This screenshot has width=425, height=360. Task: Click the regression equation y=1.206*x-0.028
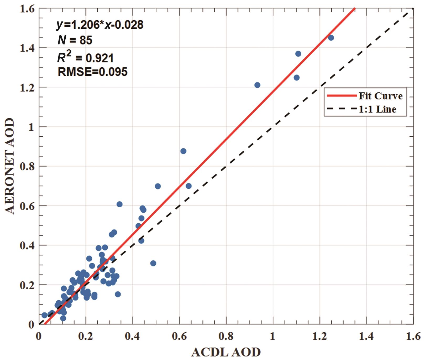point(100,25)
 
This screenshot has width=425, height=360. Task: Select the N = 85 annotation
point(75,40)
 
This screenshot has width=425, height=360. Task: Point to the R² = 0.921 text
point(86,57)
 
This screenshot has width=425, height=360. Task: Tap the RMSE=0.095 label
point(93,72)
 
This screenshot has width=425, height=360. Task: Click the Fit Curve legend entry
point(380,96)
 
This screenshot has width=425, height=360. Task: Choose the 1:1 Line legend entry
point(377,109)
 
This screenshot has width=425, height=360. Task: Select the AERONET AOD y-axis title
point(10,166)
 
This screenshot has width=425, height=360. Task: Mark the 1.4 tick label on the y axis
point(27,48)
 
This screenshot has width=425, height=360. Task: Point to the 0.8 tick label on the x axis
point(226,336)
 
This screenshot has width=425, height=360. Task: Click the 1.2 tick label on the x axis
point(319,336)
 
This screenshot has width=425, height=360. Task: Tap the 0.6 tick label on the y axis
point(27,206)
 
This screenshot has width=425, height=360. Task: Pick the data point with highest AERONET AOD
point(331,38)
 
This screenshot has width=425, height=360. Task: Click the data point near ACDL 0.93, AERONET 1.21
point(257,85)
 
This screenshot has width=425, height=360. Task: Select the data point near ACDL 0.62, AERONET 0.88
point(183,151)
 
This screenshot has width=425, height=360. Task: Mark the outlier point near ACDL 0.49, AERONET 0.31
point(153,263)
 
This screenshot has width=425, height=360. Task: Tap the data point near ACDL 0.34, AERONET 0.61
point(119,204)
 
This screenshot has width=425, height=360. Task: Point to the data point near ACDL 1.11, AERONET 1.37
point(298,54)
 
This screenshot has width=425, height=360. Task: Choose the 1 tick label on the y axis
point(31,127)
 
